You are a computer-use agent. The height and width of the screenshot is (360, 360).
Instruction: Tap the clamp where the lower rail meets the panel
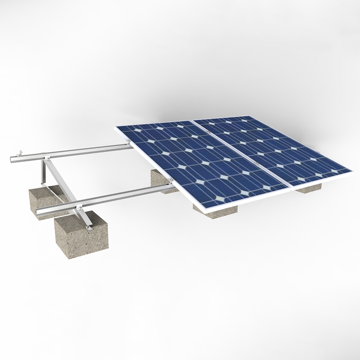[171, 181]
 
